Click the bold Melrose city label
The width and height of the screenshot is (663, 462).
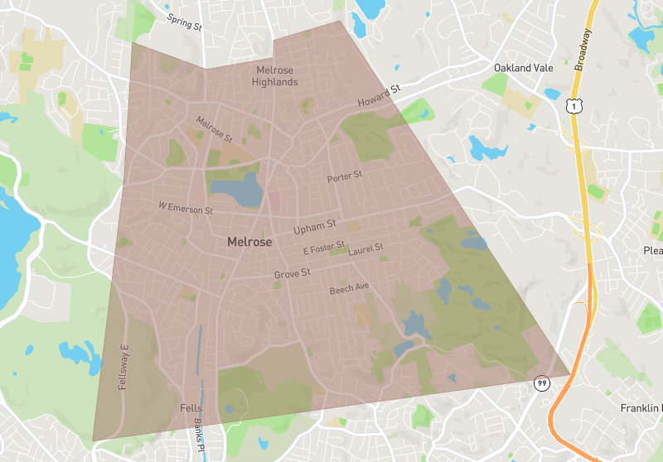[249, 243]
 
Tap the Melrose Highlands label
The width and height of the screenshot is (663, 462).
[276, 76]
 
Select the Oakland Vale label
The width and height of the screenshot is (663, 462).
[524, 67]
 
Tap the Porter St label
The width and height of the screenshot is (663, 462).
[346, 176]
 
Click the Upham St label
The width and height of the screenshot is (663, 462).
[315, 225]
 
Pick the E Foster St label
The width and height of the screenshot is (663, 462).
[323, 249]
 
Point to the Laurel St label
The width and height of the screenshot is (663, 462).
[365, 248]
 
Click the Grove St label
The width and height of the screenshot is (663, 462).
[292, 272]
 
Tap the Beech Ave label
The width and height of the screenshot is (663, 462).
[349, 288]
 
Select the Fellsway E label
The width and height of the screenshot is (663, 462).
[124, 367]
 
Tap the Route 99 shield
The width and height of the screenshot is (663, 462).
[541, 383]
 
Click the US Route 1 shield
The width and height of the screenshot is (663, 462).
[571, 105]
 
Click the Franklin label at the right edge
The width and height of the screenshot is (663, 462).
[641, 408]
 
